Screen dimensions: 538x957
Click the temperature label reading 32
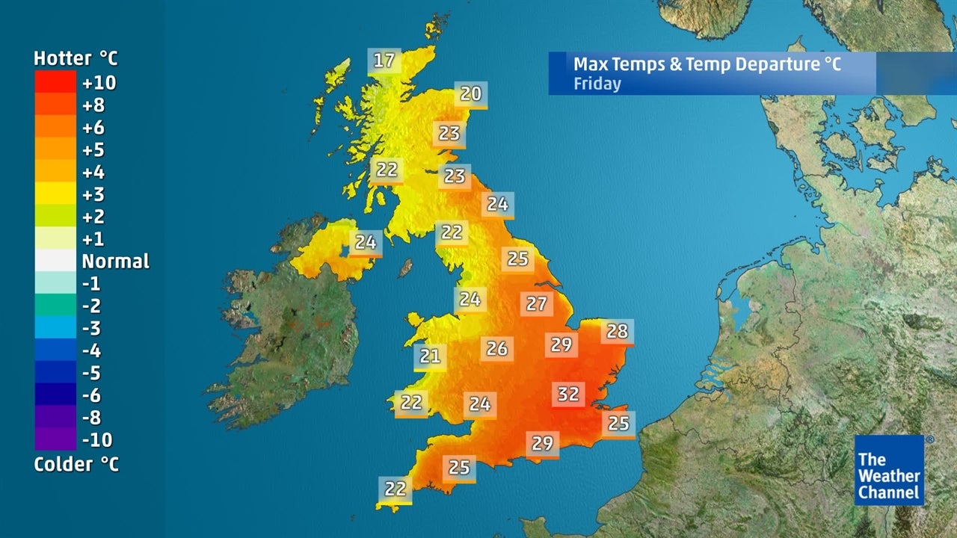(x=568, y=394)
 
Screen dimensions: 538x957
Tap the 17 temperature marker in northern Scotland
(x=384, y=61)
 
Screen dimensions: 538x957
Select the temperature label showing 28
(x=617, y=331)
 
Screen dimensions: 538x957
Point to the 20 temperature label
(x=470, y=93)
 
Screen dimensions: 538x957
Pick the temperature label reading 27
(x=537, y=304)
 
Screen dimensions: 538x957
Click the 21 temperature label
(x=430, y=356)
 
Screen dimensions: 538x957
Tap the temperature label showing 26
(x=497, y=348)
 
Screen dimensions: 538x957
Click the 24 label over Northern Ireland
(x=366, y=242)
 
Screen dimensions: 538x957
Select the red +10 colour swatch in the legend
(x=55, y=81)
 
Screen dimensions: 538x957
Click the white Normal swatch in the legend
(x=55, y=261)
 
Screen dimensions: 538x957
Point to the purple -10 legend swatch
(x=55, y=439)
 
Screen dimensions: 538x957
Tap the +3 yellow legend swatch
(x=55, y=194)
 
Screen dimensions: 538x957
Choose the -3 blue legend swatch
(x=55, y=328)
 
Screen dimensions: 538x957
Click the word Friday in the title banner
(x=597, y=83)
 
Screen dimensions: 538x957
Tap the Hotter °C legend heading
(x=76, y=58)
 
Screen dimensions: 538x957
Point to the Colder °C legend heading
(x=76, y=464)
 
